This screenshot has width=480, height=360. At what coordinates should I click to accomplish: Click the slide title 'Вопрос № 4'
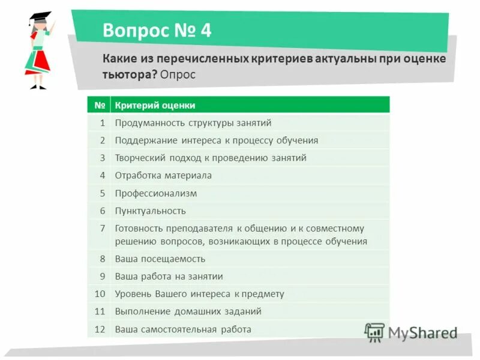(x=157, y=30)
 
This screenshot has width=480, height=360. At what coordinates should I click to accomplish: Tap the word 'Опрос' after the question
(x=178, y=75)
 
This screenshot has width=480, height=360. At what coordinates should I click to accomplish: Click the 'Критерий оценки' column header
(x=155, y=106)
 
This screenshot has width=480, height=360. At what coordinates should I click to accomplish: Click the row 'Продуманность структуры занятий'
(x=193, y=123)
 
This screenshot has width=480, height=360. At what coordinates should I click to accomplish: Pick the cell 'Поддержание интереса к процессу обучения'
(x=216, y=140)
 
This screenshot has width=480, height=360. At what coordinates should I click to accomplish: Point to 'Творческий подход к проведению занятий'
(x=211, y=158)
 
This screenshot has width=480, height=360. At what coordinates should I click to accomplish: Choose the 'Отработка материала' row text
(x=163, y=175)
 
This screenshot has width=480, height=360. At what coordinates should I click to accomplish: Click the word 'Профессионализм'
(x=156, y=193)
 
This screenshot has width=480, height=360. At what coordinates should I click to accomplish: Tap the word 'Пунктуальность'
(x=151, y=211)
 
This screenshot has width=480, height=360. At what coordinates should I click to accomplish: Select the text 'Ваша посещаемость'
(x=160, y=259)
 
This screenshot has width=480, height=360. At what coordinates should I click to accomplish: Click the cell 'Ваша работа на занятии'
(x=169, y=277)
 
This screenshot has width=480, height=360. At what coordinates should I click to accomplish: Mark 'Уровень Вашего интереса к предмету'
(x=199, y=294)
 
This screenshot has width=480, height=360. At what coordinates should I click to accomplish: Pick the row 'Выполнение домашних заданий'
(x=188, y=311)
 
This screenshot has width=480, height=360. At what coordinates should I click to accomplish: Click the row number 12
(x=100, y=329)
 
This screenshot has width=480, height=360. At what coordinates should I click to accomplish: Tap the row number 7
(x=103, y=229)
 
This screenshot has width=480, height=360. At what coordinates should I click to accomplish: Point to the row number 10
(x=100, y=294)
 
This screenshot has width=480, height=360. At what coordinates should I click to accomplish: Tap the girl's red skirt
(x=38, y=62)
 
